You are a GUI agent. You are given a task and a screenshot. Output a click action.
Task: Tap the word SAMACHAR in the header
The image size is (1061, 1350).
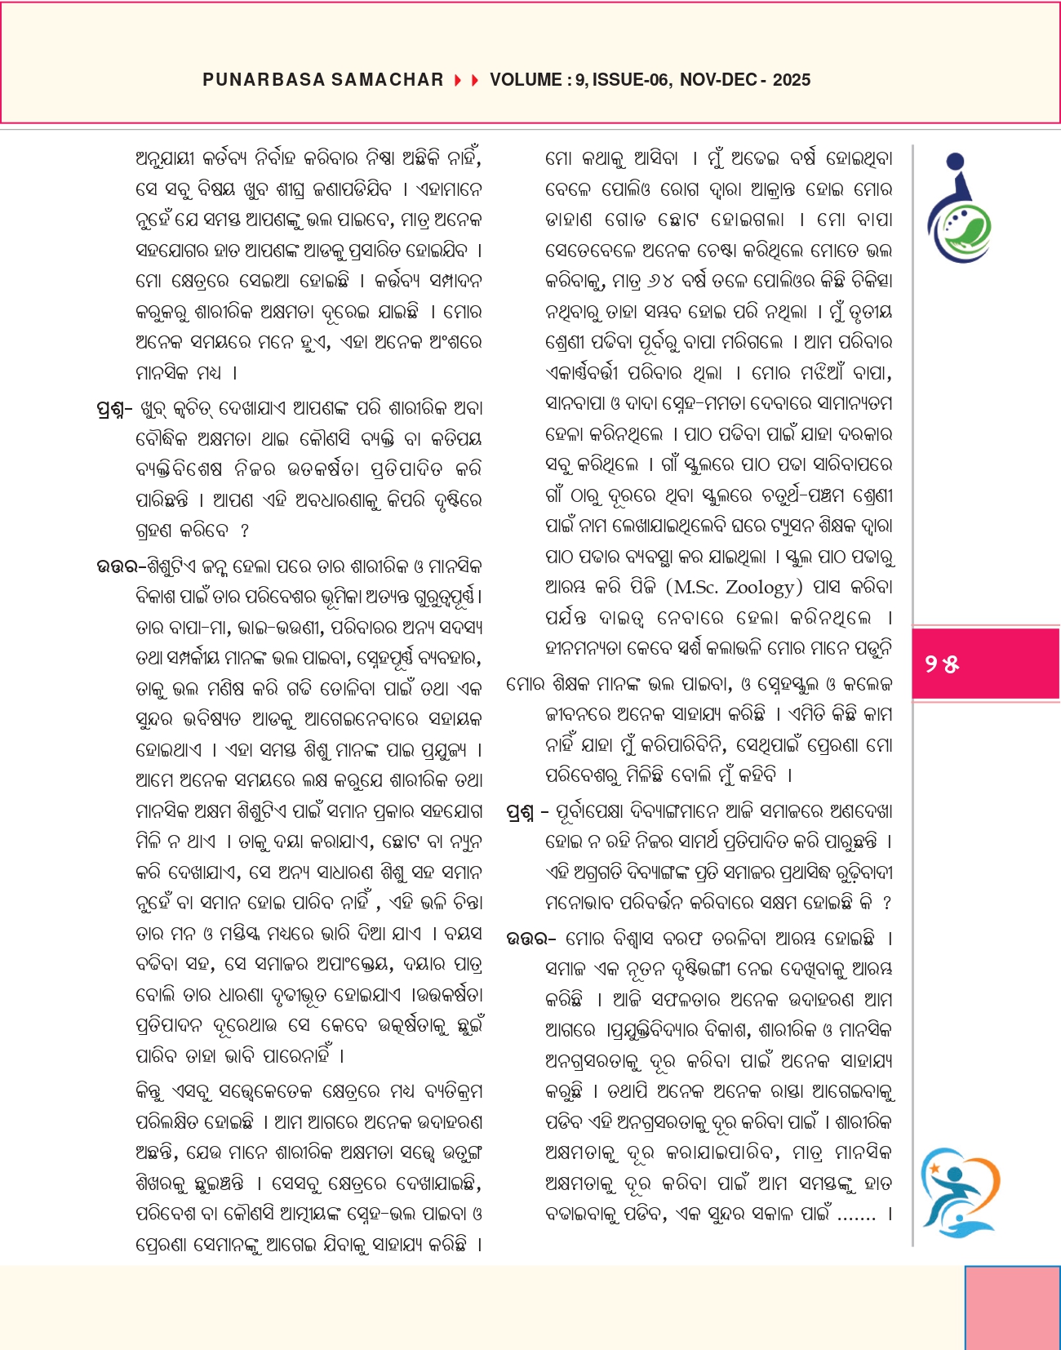coord(388,80)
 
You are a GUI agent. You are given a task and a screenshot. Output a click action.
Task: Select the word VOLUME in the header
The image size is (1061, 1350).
coord(525,80)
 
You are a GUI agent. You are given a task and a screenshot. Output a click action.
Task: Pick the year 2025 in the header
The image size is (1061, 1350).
coord(791,80)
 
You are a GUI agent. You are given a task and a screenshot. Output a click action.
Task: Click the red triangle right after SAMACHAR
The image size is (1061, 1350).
coord(458,80)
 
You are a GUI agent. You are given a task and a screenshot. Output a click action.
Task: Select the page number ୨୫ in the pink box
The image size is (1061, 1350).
coord(942,664)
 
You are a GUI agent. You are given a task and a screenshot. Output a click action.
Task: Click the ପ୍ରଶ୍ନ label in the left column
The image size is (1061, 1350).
coord(113,409)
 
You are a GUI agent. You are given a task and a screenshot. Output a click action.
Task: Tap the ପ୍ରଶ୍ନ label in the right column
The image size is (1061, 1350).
coord(521,812)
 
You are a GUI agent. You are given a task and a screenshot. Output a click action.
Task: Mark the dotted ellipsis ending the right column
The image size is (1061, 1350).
coord(856,1216)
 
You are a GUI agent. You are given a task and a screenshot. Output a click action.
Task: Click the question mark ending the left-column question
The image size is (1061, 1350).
coord(245,531)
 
